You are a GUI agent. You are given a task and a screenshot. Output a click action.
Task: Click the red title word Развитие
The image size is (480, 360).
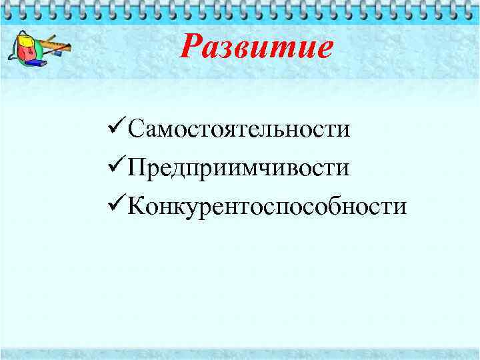click(x=257, y=47)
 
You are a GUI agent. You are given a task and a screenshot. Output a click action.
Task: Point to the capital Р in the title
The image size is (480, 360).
click(x=194, y=47)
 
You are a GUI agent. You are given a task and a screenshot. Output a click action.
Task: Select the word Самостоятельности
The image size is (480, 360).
click(x=239, y=129)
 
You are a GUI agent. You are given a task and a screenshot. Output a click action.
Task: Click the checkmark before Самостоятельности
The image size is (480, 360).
click(x=116, y=127)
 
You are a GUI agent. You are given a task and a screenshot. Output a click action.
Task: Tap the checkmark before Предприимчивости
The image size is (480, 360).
click(x=116, y=166)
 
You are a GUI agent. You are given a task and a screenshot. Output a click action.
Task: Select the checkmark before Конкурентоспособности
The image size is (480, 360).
click(x=116, y=205)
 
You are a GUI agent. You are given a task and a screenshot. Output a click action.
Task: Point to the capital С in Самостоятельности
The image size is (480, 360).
click(x=136, y=129)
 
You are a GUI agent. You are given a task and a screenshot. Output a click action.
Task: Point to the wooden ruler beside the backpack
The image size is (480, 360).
click(x=57, y=47)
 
